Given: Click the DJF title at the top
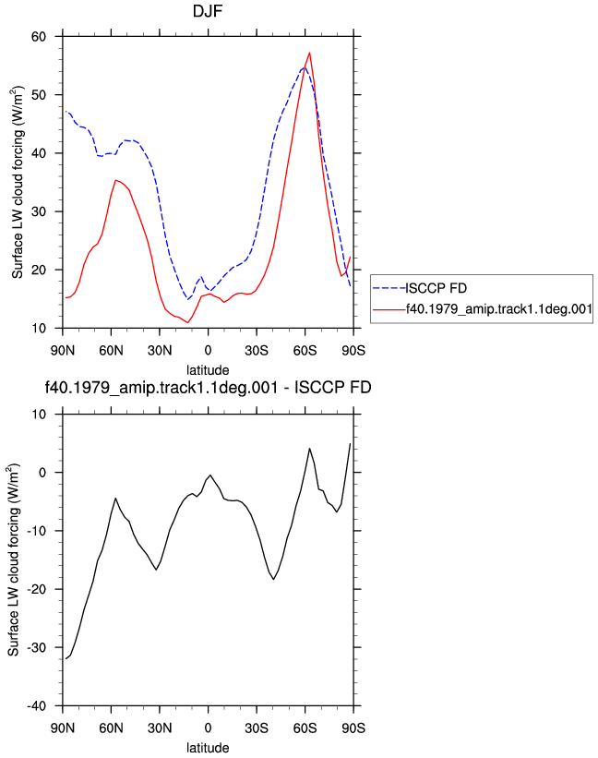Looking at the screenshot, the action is (x=208, y=11).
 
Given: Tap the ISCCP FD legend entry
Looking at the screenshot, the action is (x=420, y=288).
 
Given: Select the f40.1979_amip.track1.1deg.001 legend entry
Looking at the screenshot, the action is (x=483, y=309).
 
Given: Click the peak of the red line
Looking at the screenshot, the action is (x=309, y=53).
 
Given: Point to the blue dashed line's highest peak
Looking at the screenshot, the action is (x=304, y=67).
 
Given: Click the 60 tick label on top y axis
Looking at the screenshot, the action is (x=39, y=37).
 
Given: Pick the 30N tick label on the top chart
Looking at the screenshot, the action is (x=160, y=350).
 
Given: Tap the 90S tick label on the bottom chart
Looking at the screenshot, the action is (x=353, y=728).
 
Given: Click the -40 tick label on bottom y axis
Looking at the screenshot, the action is (x=36, y=705).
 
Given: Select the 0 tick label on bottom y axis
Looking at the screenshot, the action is (x=42, y=473).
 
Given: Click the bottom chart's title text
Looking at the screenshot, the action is (x=208, y=387).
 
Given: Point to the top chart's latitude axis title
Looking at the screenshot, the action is (x=208, y=370).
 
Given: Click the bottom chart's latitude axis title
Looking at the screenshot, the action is (x=208, y=747).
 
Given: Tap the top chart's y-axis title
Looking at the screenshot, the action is (x=18, y=182).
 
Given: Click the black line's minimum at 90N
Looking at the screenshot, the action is (x=66, y=658).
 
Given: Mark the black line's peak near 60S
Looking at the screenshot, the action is (x=310, y=449).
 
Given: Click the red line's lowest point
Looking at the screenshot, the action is (x=188, y=322).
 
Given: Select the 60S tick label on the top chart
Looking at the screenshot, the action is (x=305, y=350).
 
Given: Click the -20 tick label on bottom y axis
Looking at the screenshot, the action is (x=36, y=589).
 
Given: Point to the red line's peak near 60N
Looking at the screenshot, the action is (x=115, y=180).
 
